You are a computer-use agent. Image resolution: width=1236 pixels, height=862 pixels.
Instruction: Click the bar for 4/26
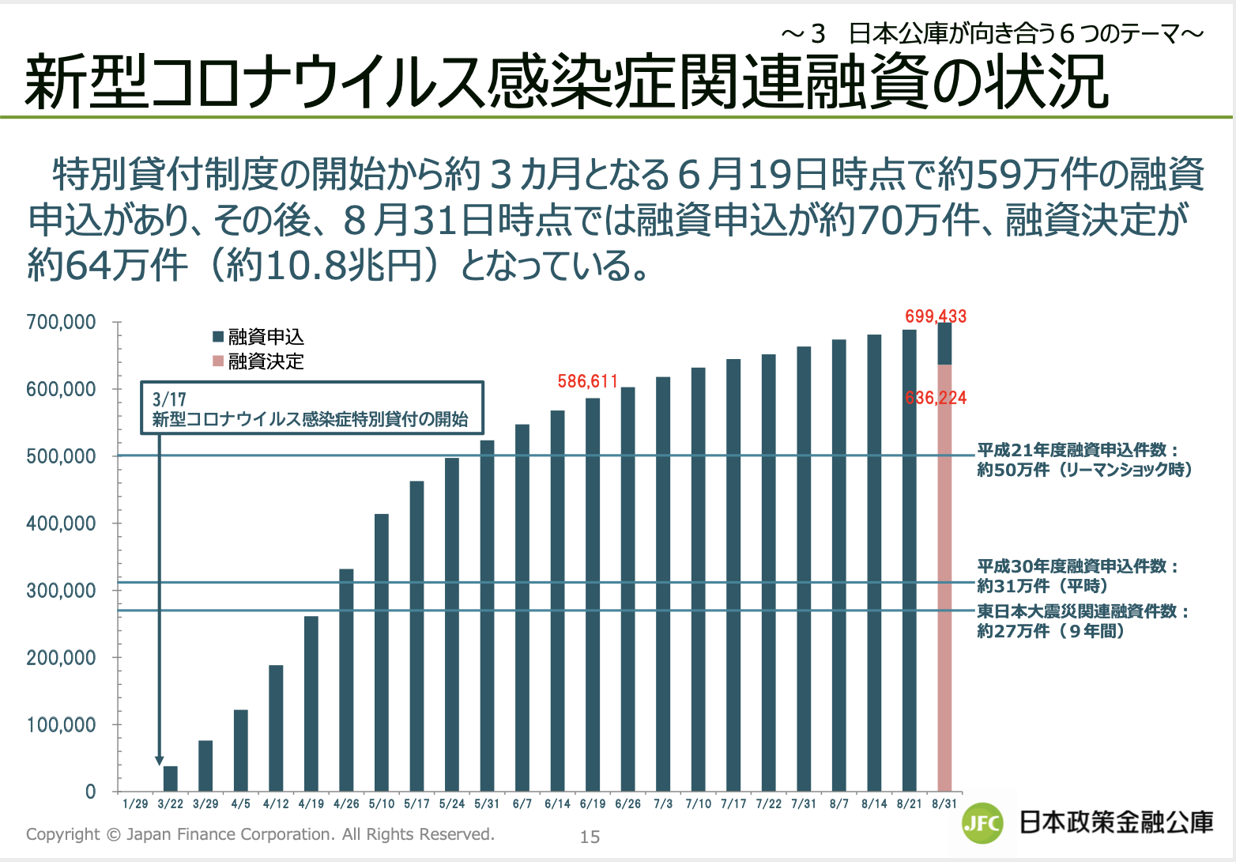346,680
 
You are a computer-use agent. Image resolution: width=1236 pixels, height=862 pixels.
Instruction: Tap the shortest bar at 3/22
170,779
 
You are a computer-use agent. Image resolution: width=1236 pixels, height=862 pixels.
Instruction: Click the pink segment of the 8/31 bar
944,577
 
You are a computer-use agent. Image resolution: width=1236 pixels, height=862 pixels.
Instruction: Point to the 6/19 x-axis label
593,804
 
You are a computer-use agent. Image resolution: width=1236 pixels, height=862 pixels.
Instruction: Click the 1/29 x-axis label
135,804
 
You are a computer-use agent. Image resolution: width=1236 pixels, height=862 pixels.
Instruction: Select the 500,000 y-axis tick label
61,456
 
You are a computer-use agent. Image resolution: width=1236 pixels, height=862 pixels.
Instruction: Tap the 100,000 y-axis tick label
61,724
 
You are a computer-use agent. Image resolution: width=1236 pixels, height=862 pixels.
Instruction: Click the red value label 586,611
587,381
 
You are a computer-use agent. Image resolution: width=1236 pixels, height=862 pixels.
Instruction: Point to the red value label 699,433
936,316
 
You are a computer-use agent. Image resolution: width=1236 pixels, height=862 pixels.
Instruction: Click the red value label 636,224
936,398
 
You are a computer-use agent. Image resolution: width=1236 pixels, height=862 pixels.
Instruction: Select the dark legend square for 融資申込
218,337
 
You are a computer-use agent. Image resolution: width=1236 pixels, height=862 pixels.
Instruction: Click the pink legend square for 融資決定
218,361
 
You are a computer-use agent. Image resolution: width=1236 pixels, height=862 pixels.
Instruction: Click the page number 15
590,837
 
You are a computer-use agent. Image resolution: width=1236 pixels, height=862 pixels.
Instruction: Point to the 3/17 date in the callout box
169,399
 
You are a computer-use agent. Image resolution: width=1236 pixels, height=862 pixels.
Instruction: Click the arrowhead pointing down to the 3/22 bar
160,760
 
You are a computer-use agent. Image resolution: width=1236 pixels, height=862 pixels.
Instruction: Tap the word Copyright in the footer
62,834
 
